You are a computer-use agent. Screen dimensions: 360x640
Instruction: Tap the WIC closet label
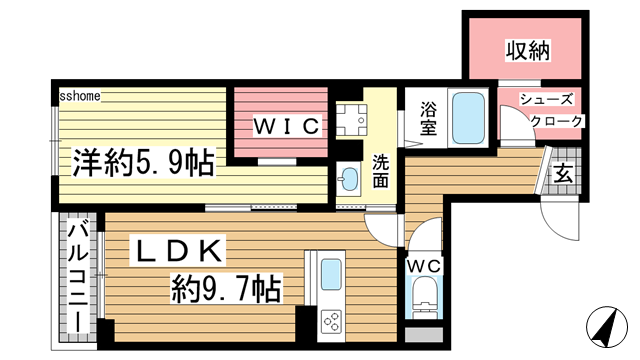pyautogui.click(x=285, y=126)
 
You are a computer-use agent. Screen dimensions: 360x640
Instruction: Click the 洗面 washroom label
pyautogui.click(x=381, y=171)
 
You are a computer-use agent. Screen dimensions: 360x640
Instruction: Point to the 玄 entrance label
pyautogui.click(x=564, y=171)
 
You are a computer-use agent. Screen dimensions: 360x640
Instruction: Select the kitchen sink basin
pyautogui.click(x=331, y=273)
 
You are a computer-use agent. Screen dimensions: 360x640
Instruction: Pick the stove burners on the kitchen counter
pyautogui.click(x=331, y=321)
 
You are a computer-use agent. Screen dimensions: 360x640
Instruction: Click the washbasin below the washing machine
pyautogui.click(x=349, y=180)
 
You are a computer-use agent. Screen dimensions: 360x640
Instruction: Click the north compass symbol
pyautogui.click(x=608, y=327)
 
